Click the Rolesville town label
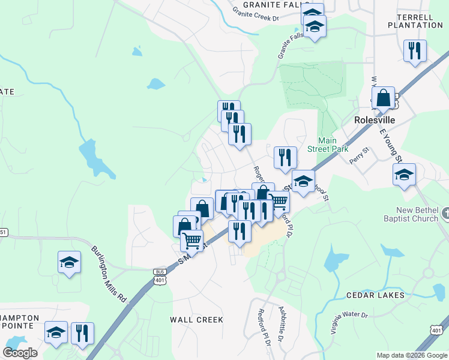(x=374, y=120)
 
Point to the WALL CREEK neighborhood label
(x=196, y=320)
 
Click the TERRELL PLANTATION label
(x=415, y=21)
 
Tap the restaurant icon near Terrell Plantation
(x=415, y=51)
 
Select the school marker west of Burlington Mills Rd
(x=70, y=262)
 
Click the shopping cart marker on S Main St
(x=191, y=241)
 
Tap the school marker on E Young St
(x=404, y=175)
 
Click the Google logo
(x=20, y=352)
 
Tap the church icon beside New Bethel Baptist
(x=445, y=213)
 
